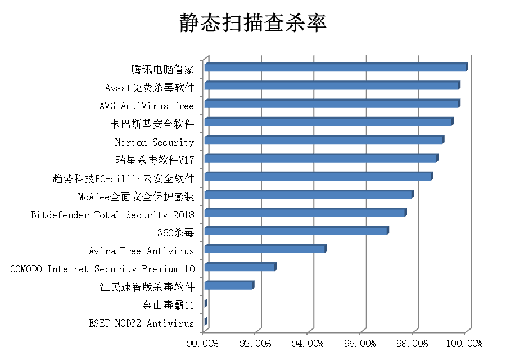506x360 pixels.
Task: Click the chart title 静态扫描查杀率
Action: (253, 24)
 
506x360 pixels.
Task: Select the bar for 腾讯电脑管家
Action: (336, 67)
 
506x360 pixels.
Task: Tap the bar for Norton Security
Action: (324, 139)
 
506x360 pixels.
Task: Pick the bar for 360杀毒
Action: (296, 231)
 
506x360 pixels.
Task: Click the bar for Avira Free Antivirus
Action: (265, 249)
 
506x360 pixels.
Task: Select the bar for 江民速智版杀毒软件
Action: (229, 285)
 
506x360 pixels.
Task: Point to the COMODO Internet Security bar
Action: (240, 267)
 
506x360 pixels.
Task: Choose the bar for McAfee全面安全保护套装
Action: (309, 194)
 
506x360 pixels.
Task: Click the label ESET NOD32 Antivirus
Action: (142, 323)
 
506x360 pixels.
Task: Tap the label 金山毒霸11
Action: (169, 305)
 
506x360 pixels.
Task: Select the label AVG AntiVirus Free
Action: (146, 106)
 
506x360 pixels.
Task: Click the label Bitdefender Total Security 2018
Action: (112, 215)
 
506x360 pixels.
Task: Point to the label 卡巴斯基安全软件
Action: (152, 124)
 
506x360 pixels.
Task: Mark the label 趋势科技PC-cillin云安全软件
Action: (123, 179)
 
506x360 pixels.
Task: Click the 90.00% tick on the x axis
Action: (202, 343)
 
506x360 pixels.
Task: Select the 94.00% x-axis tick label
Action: (308, 343)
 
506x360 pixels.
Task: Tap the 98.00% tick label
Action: (413, 343)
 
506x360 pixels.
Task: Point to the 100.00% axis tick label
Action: (466, 343)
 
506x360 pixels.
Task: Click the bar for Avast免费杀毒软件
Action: (332, 85)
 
